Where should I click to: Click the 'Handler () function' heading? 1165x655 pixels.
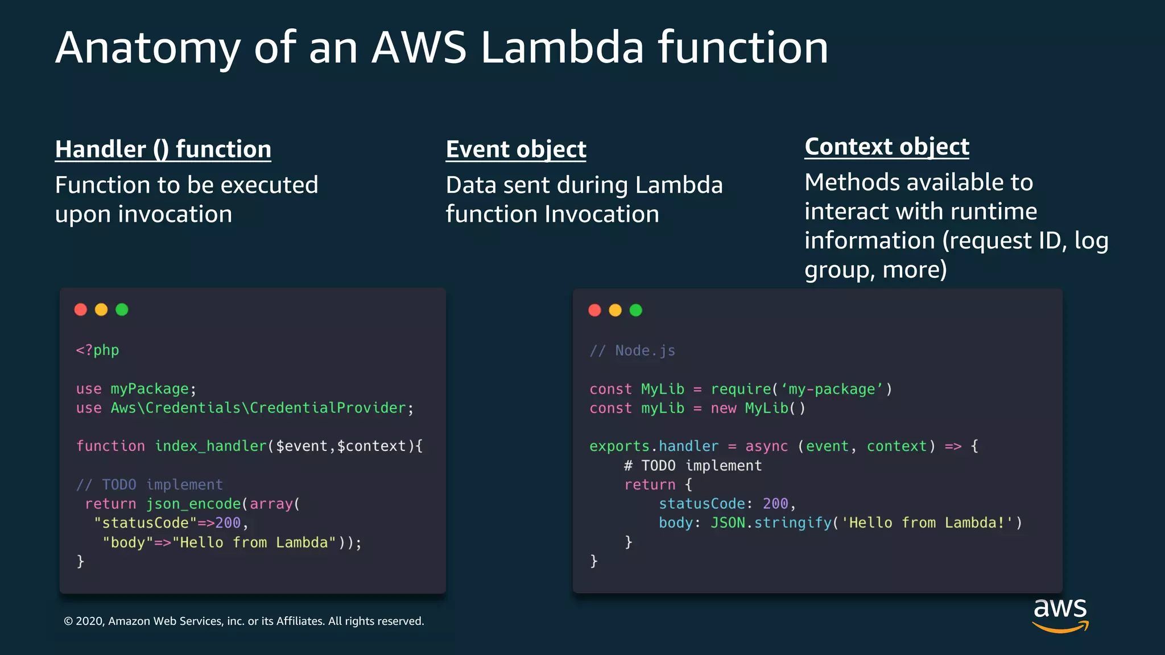click(163, 150)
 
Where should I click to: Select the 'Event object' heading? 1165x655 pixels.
click(516, 150)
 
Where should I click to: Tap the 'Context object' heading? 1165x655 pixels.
click(887, 147)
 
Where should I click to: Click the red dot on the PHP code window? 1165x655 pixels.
click(81, 309)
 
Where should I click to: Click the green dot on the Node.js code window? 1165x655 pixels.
click(636, 310)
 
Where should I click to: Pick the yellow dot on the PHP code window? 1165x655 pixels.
click(101, 309)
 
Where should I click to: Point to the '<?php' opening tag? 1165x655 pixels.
click(97, 350)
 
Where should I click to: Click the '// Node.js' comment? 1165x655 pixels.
click(633, 351)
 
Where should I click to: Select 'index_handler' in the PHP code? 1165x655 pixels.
click(210, 446)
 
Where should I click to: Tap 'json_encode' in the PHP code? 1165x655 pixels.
click(193, 504)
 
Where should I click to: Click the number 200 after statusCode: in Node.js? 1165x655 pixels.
click(775, 504)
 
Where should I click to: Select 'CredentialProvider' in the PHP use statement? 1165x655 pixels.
click(328, 408)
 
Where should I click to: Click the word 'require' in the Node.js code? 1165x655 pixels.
click(741, 389)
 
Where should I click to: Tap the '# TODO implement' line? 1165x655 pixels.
click(693, 466)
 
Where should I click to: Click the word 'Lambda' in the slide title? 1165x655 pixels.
click(562, 48)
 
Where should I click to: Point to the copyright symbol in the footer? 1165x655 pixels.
click(68, 621)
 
